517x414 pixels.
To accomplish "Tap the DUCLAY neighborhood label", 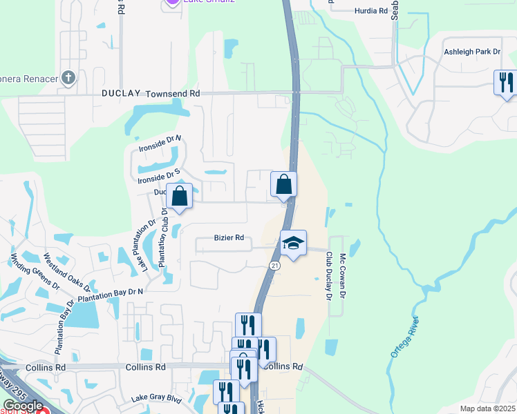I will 121,92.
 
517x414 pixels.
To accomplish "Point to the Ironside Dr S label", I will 159,175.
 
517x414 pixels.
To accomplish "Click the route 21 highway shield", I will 274,266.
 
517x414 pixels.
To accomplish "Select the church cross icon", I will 68,77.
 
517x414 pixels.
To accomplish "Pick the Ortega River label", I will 405,337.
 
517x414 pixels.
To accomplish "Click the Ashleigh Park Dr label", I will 472,52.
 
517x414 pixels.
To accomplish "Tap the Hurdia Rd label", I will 364,11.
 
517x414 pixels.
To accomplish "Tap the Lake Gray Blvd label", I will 156,399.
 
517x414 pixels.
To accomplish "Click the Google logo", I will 23,406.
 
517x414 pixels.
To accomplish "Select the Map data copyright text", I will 487,408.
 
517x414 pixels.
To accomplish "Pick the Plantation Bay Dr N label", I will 111,295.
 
